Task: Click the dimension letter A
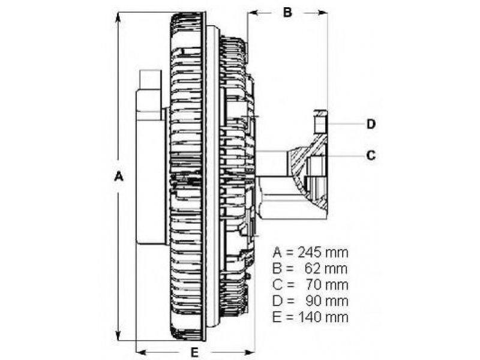click(118, 176)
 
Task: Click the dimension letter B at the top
click(287, 12)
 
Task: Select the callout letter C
click(371, 155)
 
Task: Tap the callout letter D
click(371, 124)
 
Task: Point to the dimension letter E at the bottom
click(194, 352)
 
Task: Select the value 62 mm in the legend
click(326, 269)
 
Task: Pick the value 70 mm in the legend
click(326, 285)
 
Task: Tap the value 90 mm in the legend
click(326, 301)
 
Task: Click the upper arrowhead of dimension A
click(118, 19)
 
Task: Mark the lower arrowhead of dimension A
click(118, 335)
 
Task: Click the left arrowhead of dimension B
click(253, 13)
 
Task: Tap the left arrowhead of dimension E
click(142, 352)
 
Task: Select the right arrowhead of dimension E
click(248, 352)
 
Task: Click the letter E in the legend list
click(277, 317)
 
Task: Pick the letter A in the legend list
click(277, 253)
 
